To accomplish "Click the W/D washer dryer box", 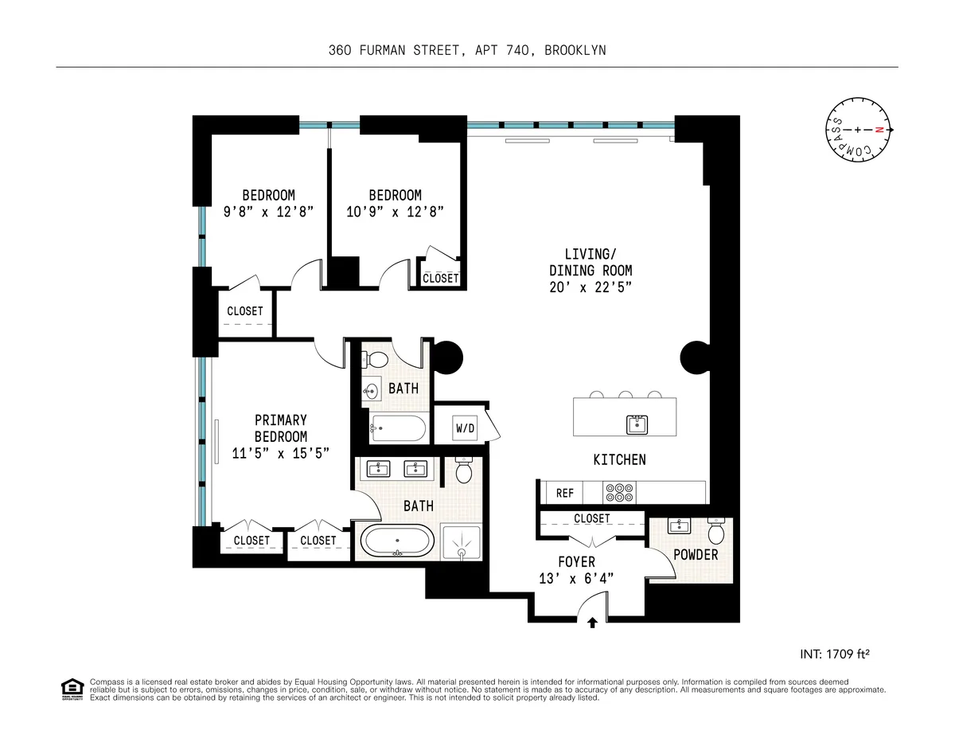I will [x=466, y=428].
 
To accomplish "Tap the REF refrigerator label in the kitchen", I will [x=564, y=493].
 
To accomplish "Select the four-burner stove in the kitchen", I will [x=617, y=493].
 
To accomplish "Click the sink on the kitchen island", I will [x=636, y=424].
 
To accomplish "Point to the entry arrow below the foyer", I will [x=591, y=622].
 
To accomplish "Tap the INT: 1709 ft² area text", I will [x=833, y=654].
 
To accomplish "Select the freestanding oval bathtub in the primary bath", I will [x=398, y=542].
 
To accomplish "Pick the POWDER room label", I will [x=696, y=555].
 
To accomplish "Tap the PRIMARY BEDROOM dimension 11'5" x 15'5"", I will [x=280, y=453].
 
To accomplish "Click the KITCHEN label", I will [x=619, y=459].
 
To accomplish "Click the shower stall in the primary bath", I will [x=460, y=542].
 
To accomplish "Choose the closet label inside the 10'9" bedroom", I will [x=440, y=278].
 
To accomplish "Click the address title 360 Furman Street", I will [x=467, y=50].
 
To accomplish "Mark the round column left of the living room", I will [x=446, y=356].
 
